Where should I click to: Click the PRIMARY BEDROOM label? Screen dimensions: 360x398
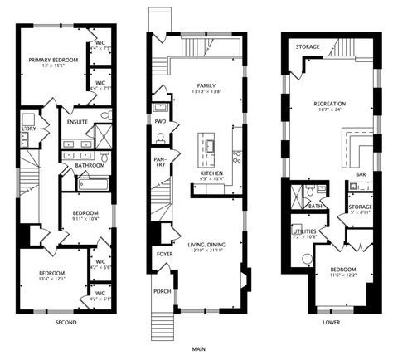click(x=51, y=59)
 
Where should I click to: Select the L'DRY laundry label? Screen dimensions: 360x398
click(x=28, y=129)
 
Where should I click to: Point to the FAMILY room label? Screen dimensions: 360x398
click(x=206, y=85)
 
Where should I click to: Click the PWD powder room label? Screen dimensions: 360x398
click(x=160, y=121)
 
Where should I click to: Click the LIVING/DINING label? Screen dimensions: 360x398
click(x=206, y=244)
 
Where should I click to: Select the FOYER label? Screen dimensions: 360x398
click(x=161, y=253)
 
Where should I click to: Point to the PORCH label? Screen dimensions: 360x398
click(x=161, y=291)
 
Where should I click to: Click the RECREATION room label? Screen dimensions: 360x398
click(x=329, y=104)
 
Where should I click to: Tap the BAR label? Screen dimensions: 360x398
click(x=361, y=174)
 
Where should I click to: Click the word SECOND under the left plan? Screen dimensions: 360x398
click(x=66, y=321)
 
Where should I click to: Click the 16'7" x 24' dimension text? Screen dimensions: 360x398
click(x=329, y=110)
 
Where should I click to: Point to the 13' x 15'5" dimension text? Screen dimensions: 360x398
click(x=51, y=66)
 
